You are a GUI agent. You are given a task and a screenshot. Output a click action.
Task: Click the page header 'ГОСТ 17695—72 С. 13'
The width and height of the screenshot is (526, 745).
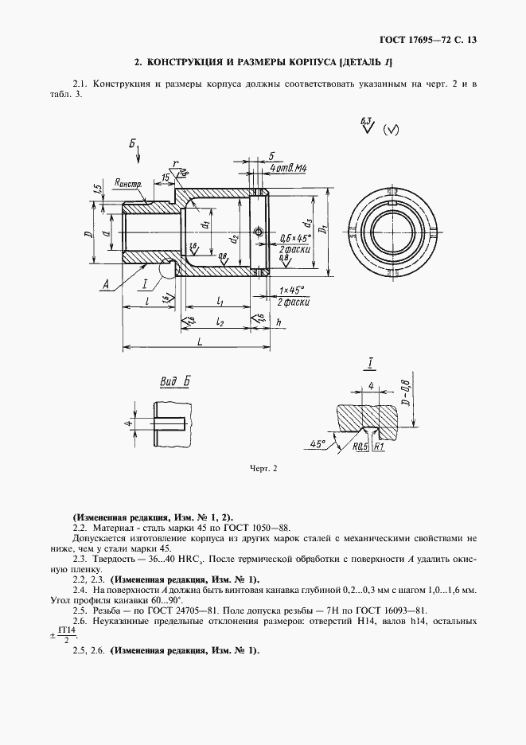pyautogui.click(x=429, y=39)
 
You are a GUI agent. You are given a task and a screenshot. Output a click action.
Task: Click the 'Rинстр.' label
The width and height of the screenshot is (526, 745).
pyautogui.click(x=127, y=183)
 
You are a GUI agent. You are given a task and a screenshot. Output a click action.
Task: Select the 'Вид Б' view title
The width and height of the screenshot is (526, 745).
pyautogui.click(x=174, y=383)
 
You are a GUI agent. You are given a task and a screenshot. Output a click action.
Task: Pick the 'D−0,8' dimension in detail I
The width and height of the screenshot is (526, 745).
pyautogui.click(x=406, y=395)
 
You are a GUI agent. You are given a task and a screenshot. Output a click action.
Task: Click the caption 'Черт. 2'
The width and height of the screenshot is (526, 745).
pyautogui.click(x=263, y=469)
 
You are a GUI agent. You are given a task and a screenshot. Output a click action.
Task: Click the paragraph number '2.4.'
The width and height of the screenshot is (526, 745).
pyautogui.click(x=79, y=590)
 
